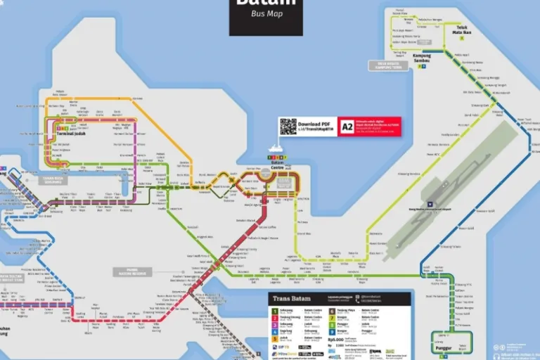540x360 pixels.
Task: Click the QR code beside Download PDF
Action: (288, 127)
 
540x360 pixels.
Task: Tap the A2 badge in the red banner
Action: (347, 127)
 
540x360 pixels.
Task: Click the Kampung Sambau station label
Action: (422, 58)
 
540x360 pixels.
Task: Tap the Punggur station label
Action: (443, 347)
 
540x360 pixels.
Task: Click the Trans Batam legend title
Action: (290, 298)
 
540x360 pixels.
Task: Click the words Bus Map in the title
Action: (266, 14)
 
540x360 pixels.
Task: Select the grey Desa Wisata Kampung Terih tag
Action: (387, 65)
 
